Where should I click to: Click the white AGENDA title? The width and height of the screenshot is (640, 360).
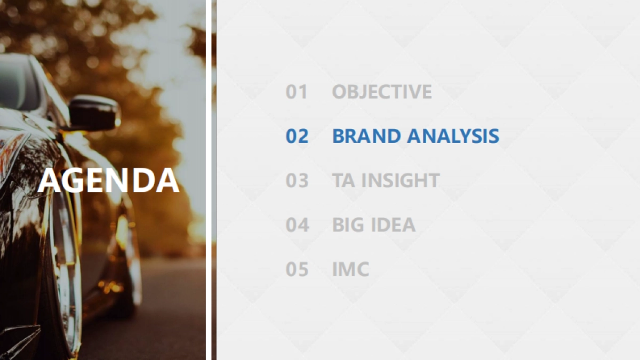tap(109, 180)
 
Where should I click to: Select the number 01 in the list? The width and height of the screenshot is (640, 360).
tap(297, 92)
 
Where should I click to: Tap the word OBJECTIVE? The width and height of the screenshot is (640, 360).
tap(382, 92)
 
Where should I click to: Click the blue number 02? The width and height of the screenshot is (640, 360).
tap(297, 136)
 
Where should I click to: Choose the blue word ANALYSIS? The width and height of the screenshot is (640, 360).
tap(453, 136)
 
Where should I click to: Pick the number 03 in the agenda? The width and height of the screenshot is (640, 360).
tap(297, 180)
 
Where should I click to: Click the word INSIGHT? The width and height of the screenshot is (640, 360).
tap(401, 180)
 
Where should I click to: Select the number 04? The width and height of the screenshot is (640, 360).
tap(298, 225)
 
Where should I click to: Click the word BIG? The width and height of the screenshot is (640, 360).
tap(349, 225)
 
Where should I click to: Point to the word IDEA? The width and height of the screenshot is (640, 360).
tap(393, 225)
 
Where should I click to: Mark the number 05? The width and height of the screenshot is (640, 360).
tap(297, 269)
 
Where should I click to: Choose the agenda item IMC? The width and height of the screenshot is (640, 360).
tap(351, 269)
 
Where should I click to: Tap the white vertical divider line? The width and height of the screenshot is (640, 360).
tap(209, 180)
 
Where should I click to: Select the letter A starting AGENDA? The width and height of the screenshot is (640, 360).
tap(49, 181)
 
